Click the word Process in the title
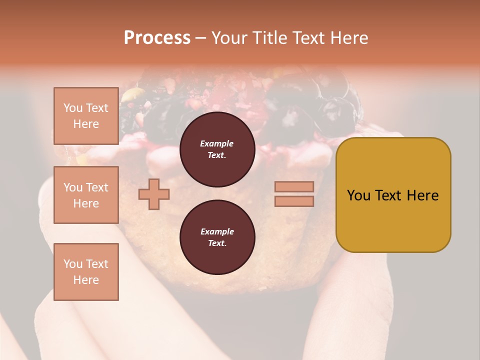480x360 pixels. (157, 38)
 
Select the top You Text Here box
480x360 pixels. (86, 116)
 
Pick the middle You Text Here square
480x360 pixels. (86, 195)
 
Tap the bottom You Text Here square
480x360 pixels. (86, 271)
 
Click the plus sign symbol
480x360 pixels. (154, 194)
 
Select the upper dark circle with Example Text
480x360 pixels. (217, 149)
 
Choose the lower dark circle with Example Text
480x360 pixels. (217, 237)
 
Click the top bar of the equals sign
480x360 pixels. (294, 186)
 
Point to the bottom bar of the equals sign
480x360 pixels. (294, 201)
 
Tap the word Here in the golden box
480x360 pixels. (422, 195)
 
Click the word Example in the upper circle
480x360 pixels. (217, 143)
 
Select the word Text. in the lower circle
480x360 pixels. (217, 243)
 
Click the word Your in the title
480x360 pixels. (229, 38)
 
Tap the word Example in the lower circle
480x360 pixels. (217, 231)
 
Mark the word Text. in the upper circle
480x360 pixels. (217, 155)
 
